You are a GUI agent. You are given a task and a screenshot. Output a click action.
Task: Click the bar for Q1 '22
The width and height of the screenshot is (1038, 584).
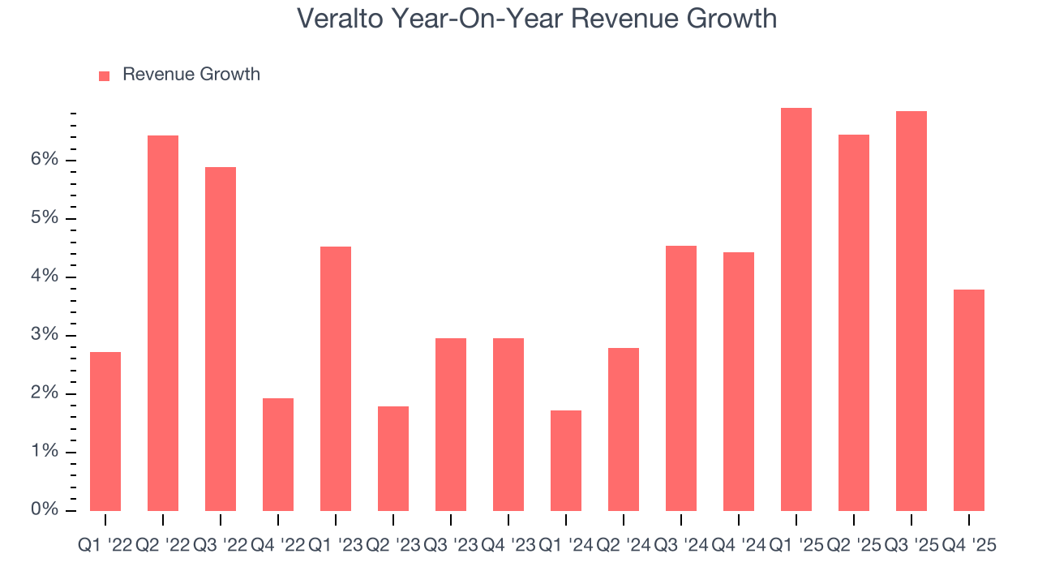pyautogui.click(x=105, y=432)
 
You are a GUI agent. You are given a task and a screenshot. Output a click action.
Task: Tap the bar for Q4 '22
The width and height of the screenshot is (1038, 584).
pyautogui.click(x=278, y=454)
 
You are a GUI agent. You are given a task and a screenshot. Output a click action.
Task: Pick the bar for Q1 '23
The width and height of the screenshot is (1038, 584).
pyautogui.click(x=336, y=379)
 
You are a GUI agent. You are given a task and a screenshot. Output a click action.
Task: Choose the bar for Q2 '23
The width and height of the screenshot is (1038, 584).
pyautogui.click(x=393, y=458)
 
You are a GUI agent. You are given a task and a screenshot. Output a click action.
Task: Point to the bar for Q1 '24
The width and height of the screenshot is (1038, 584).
pyautogui.click(x=566, y=461)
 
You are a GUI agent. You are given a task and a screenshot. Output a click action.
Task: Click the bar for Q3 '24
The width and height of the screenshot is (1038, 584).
pyautogui.click(x=681, y=378)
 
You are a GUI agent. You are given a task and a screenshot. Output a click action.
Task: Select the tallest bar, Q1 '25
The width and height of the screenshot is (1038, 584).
pyautogui.click(x=796, y=309)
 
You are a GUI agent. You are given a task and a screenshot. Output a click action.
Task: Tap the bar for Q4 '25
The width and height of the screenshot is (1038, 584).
pyautogui.click(x=969, y=400)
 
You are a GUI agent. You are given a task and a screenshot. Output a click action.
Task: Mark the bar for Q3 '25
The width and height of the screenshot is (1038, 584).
pyautogui.click(x=911, y=311)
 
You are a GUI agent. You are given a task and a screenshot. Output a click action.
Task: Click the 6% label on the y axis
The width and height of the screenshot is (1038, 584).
pyautogui.click(x=45, y=160)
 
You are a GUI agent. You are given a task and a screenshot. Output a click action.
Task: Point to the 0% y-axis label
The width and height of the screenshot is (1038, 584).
pyautogui.click(x=45, y=510)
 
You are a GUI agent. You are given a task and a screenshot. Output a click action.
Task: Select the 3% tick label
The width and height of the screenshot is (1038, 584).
pyautogui.click(x=45, y=335)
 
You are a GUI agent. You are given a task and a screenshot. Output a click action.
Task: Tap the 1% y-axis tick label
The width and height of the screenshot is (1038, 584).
pyautogui.click(x=45, y=452)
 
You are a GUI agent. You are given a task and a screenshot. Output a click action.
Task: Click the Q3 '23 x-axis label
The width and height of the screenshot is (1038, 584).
pyautogui.click(x=450, y=546)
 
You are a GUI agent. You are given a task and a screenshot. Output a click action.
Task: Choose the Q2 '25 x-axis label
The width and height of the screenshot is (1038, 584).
pyautogui.click(x=853, y=546)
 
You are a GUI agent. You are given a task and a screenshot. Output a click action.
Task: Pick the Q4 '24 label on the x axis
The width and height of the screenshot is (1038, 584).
pyautogui.click(x=738, y=546)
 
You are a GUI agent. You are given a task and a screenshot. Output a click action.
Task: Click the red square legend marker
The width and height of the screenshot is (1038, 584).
pyautogui.click(x=104, y=75)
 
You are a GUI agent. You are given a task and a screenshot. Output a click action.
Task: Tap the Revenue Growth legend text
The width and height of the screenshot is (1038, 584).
pyautogui.click(x=191, y=75)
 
